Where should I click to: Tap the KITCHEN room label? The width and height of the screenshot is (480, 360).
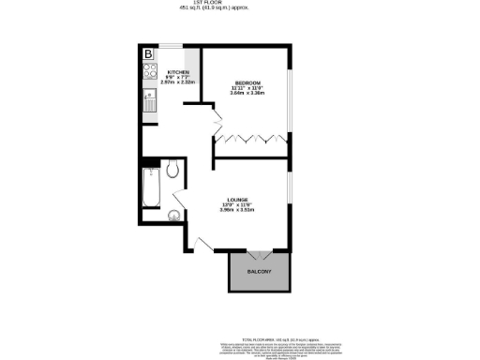coord(178,72)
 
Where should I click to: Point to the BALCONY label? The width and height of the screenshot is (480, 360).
coord(260,272)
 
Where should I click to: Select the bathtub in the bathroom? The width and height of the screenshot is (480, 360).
coord(150,190)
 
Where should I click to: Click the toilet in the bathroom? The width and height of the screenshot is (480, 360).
coord(172,170)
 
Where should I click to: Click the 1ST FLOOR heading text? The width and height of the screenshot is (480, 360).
coord(239,4)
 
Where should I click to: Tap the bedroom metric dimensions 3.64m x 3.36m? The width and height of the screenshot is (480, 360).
coord(248,94)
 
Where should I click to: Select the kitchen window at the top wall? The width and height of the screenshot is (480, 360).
coord(172,46)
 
